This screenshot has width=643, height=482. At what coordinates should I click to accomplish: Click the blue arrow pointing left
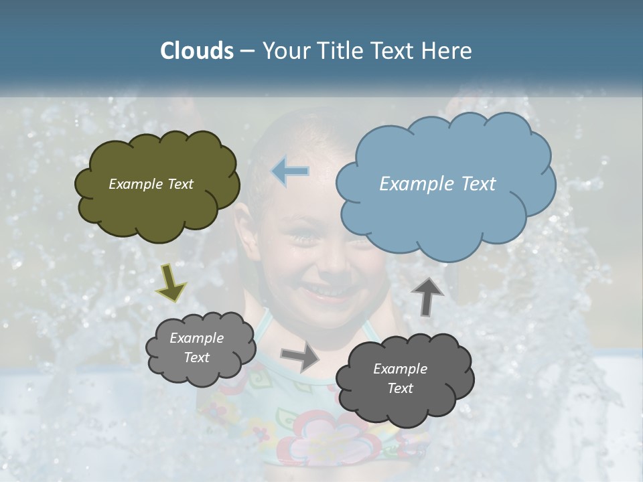(291, 171)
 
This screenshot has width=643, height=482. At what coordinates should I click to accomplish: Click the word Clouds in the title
(197, 51)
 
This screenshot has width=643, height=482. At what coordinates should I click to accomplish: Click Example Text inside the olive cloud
(151, 184)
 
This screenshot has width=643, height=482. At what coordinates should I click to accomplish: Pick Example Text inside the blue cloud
(437, 184)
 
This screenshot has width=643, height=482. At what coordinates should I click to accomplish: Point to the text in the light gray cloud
(196, 347)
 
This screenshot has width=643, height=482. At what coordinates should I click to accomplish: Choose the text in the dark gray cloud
(400, 378)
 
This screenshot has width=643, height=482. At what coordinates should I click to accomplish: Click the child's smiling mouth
(324, 293)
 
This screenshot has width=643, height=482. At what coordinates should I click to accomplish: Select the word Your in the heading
(286, 51)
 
